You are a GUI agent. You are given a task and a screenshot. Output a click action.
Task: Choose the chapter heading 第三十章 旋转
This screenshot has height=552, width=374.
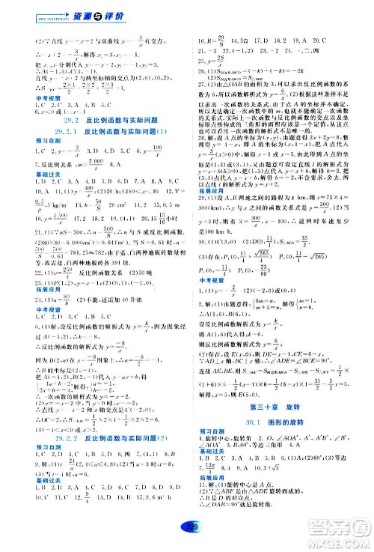coord(281,407)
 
